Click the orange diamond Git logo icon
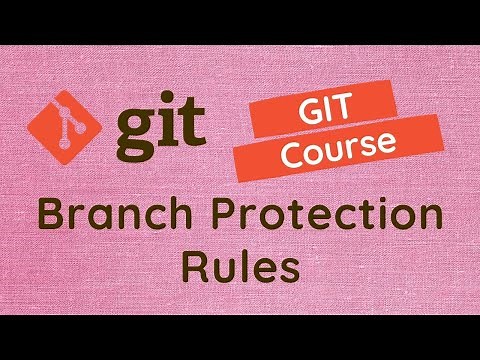(65, 129)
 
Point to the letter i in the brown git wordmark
(170, 125)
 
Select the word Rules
(240, 267)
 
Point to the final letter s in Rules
(289, 271)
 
